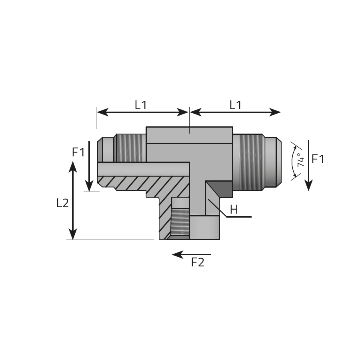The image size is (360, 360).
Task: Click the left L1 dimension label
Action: click(x=140, y=105)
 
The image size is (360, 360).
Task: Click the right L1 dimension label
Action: click(x=236, y=105)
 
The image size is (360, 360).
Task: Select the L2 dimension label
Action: click(x=62, y=203)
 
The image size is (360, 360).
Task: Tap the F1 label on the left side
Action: click(x=78, y=152)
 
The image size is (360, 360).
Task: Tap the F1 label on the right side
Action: click(x=318, y=159)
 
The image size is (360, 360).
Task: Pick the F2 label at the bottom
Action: click(x=198, y=262)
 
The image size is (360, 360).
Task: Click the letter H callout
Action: click(x=234, y=209)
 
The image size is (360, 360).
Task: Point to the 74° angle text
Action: click(x=300, y=160)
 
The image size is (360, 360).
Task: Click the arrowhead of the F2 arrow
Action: click(x=177, y=254)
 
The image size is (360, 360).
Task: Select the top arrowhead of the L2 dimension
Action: click(x=73, y=166)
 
